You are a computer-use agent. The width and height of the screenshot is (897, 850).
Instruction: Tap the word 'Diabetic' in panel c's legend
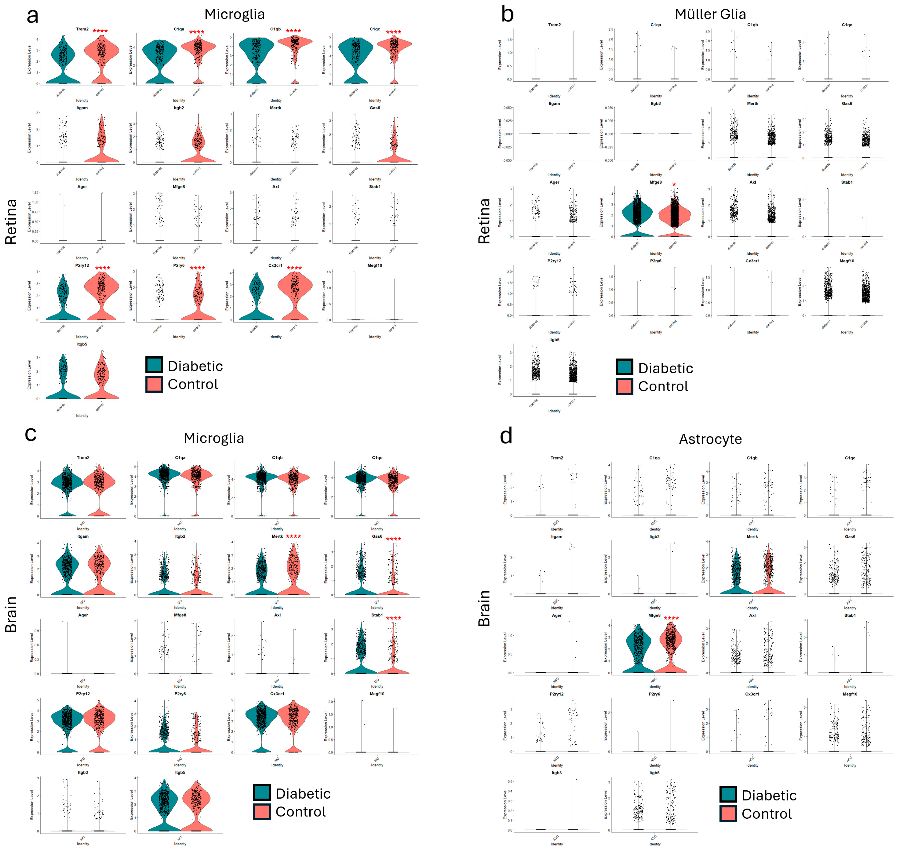[x=303, y=794]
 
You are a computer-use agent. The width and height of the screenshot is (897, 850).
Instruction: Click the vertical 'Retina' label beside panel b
[x=484, y=221]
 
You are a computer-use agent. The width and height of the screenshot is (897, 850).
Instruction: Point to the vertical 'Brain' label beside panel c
[x=11, y=614]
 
